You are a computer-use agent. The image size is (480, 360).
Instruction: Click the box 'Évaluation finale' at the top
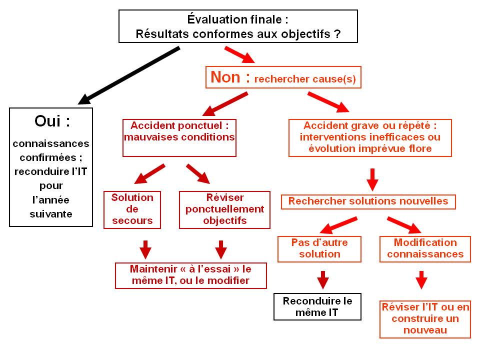pyautogui.click(x=238, y=26)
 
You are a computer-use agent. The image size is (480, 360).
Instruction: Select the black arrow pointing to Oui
pyautogui.click(x=128, y=75)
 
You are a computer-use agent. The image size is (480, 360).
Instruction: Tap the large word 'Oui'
pyautogui.click(x=48, y=121)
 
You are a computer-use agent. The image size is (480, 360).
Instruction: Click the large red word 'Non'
pyautogui.click(x=225, y=77)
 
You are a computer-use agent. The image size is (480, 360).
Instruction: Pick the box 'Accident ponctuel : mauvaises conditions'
pyautogui.click(x=179, y=138)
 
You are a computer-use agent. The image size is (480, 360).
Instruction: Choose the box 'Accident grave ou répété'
pyautogui.click(x=370, y=138)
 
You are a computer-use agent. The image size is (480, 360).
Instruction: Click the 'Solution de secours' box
pyautogui.click(x=132, y=210)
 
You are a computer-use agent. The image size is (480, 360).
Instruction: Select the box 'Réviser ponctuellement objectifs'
pyautogui.click(x=224, y=210)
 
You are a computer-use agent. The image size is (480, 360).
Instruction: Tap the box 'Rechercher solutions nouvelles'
pyautogui.click(x=368, y=202)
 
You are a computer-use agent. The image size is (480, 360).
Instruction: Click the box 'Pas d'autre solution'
pyautogui.click(x=319, y=249)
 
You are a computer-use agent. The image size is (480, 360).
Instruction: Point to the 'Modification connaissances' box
pyautogui.click(x=425, y=249)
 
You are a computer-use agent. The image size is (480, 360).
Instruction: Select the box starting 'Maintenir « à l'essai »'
pyautogui.click(x=190, y=275)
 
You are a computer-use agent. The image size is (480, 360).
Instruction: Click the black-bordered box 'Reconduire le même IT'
pyautogui.click(x=317, y=306)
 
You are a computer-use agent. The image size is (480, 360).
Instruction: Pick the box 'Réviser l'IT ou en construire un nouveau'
pyautogui.click(x=425, y=319)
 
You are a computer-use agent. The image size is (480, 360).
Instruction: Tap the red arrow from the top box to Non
pyautogui.click(x=239, y=55)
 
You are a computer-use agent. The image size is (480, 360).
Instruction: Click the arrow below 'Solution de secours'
pyautogui.click(x=145, y=250)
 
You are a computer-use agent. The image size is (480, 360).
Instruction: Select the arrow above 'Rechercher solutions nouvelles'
pyautogui.click(x=372, y=179)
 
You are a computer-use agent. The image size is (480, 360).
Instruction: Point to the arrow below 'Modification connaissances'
pyautogui.click(x=421, y=280)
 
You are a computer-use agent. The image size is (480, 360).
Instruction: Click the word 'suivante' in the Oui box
pyautogui.click(x=51, y=214)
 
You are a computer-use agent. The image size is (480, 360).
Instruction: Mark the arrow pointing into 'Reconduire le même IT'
pyautogui.click(x=323, y=280)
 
